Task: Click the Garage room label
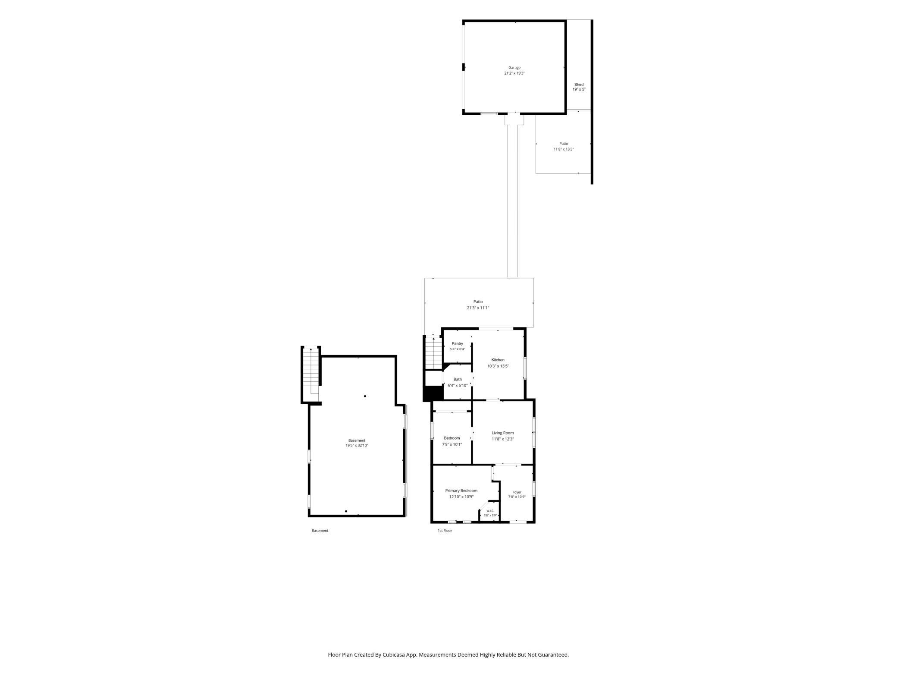(514, 68)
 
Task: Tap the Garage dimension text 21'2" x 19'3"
(514, 73)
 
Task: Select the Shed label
(579, 85)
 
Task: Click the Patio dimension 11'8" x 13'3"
(564, 149)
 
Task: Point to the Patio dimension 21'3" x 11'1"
(478, 308)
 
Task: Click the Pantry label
(457, 343)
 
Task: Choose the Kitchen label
(498, 360)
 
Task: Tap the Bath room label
(458, 380)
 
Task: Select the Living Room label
(502, 433)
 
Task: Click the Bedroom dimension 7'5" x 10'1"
(452, 444)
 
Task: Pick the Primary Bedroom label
(461, 491)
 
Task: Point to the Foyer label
(517, 492)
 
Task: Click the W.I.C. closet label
(490, 511)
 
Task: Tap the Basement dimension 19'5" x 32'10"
(357, 446)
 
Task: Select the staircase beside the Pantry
(434, 353)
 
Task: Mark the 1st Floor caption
(445, 531)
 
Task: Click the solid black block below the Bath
(433, 393)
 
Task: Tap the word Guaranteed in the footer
(554, 654)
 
